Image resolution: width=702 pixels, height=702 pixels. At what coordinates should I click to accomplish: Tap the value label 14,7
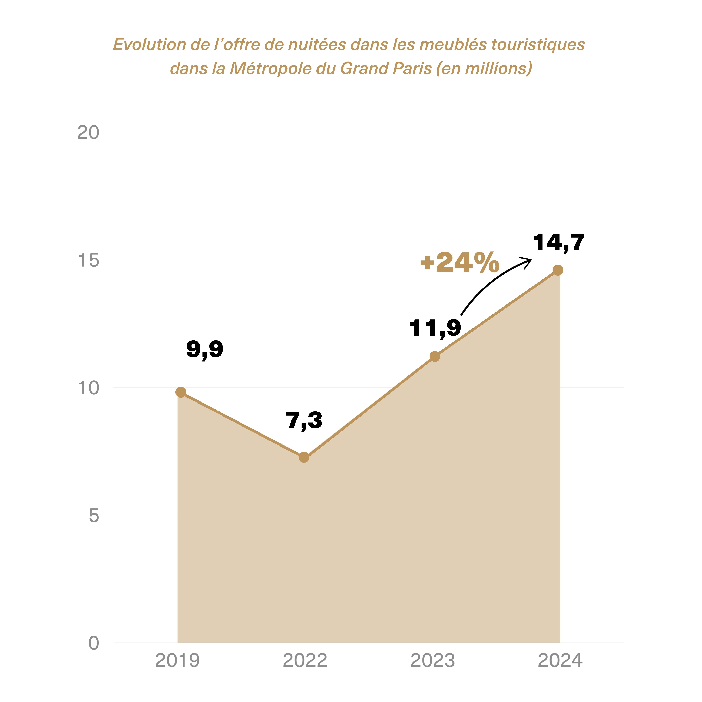[559, 243]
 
